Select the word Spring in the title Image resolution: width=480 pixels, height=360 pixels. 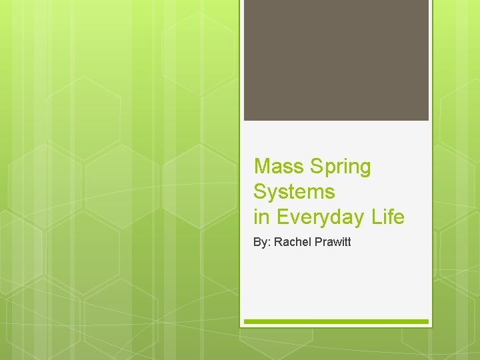340,167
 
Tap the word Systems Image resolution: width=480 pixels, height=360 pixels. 294,192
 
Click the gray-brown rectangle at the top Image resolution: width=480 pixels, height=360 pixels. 336,60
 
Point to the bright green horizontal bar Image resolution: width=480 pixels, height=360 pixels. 336,321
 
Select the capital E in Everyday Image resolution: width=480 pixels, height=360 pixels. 281,217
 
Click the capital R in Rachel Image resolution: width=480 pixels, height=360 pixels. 277,242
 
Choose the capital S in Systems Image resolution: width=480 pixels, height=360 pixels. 261,192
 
